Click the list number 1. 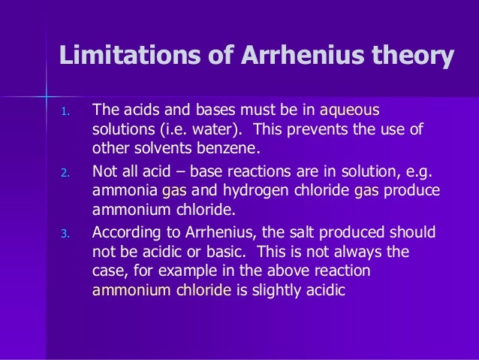tap(65, 113)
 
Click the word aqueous tap(353, 111)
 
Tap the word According tap(126, 231)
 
